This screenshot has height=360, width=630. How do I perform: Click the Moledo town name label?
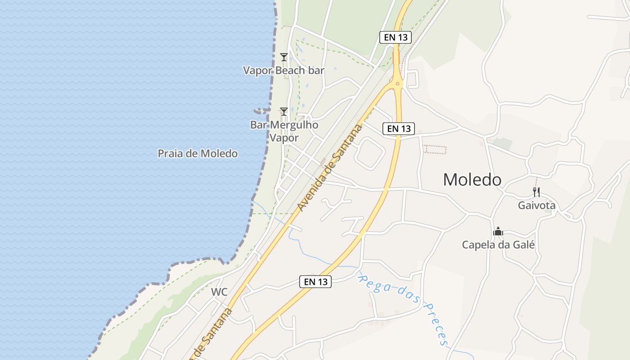(472, 180)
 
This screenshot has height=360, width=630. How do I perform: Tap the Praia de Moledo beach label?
(198, 153)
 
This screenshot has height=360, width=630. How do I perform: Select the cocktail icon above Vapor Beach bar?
(284, 57)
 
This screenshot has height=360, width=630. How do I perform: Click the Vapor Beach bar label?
(283, 71)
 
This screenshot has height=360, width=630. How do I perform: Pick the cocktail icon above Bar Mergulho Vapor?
(284, 111)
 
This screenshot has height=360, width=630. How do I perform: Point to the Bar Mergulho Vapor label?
(284, 131)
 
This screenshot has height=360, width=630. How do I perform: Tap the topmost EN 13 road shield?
(396, 37)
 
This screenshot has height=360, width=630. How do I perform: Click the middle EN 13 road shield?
(399, 129)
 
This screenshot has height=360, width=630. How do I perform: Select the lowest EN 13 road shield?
(315, 282)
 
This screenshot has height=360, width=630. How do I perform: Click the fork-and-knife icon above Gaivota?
(536, 192)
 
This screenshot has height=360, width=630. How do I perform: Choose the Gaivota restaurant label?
(536, 206)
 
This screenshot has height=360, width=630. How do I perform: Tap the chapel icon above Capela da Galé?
(498, 232)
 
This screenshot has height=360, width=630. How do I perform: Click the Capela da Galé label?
(498, 245)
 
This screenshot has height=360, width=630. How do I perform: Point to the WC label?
(219, 292)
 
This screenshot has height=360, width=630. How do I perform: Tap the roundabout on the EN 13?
(397, 83)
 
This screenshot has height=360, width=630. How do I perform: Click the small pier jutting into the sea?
(261, 110)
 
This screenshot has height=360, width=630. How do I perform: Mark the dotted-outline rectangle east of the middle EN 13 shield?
(435, 149)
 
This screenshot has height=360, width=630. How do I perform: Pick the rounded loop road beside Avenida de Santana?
(369, 153)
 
